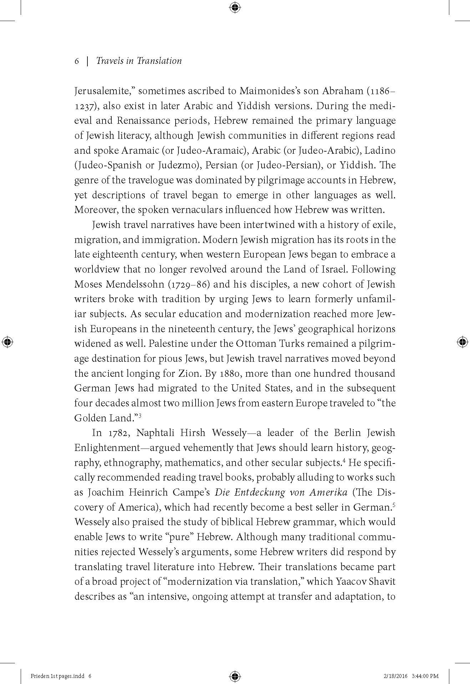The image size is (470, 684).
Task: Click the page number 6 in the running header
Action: [76, 61]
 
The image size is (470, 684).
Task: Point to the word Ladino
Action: [381, 151]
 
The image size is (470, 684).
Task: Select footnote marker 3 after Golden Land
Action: [141, 415]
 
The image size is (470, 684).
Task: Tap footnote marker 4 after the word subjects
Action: [344, 460]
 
